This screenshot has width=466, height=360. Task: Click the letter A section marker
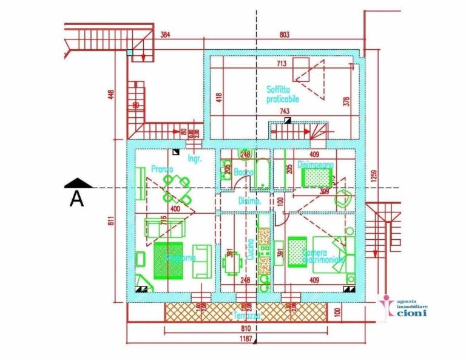point(76,198)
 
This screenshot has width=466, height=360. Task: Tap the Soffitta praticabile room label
point(283,94)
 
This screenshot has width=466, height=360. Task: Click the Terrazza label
point(248,316)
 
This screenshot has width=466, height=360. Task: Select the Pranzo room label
point(163,169)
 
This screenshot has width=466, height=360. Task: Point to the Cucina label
point(250,249)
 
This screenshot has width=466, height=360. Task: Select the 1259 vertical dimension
point(375,176)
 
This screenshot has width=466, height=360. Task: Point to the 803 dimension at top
point(284,35)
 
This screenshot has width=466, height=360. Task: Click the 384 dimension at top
point(165,35)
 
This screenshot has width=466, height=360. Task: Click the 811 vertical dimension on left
point(112,222)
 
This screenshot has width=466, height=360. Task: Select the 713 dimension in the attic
point(282,63)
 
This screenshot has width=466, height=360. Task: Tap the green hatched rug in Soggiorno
point(168,260)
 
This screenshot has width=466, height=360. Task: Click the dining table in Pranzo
point(177,188)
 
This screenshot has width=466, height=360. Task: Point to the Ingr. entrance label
point(194,159)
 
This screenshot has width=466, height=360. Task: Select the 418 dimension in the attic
point(219,97)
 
